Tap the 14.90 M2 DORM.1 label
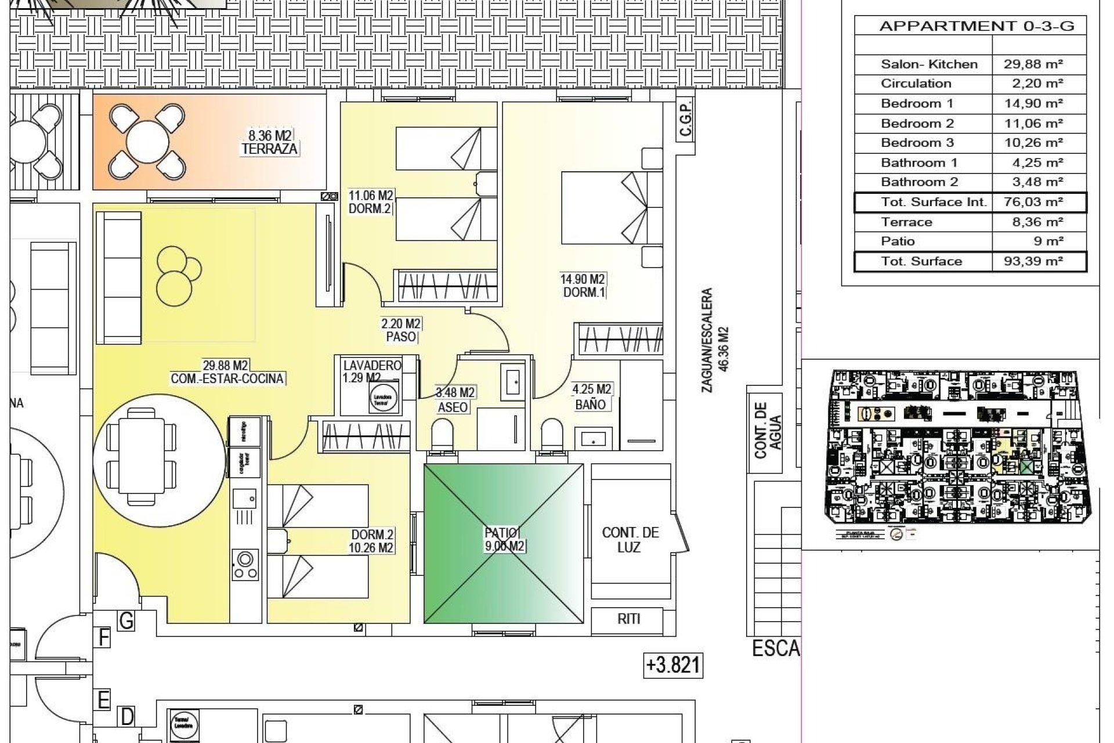(x=583, y=286)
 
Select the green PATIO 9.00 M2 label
(x=504, y=539)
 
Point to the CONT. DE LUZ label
(x=630, y=540)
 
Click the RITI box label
(x=628, y=619)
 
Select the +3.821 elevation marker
(x=673, y=665)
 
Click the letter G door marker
(x=126, y=621)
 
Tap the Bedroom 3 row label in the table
(x=917, y=143)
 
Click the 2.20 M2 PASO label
(x=401, y=330)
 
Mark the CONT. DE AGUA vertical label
(x=768, y=430)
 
